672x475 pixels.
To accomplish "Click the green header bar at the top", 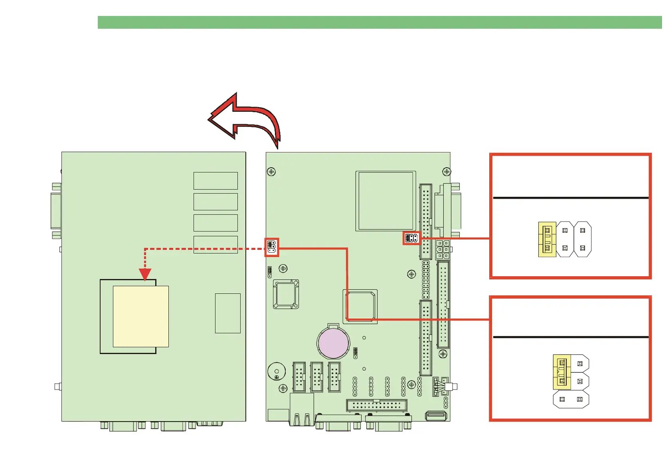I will pos(379,22).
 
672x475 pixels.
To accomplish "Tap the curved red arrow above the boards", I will pos(247,118).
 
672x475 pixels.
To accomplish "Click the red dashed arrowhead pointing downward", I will pos(145,275).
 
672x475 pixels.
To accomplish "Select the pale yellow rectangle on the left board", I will pos(140,316).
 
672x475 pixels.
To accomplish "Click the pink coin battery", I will pos(333,343).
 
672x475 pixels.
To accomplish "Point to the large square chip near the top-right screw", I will pos(385,201).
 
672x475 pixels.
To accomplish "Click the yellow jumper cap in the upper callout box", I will pos(547,239).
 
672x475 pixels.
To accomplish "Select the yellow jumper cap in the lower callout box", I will pos(562,372).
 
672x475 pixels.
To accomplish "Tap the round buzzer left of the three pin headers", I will pos(276,371).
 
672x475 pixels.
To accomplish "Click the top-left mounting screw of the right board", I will pos(271,172).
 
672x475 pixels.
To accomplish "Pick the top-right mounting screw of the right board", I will pos(447,172).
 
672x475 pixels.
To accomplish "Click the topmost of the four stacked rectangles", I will pos(215,181).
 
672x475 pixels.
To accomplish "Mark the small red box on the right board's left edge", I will pos(272,247).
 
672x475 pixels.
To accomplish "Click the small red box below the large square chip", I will pos(411,238).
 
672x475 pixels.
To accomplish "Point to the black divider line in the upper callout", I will pos(571,198).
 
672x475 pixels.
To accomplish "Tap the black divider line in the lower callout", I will pos(571,337).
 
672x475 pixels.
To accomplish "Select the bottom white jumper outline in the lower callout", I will pos(571,399).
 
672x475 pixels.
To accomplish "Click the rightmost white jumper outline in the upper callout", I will pos(583,239).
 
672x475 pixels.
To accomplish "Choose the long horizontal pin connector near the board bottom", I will pos(377,405).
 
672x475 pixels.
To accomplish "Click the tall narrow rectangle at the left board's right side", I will pos(227,313).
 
